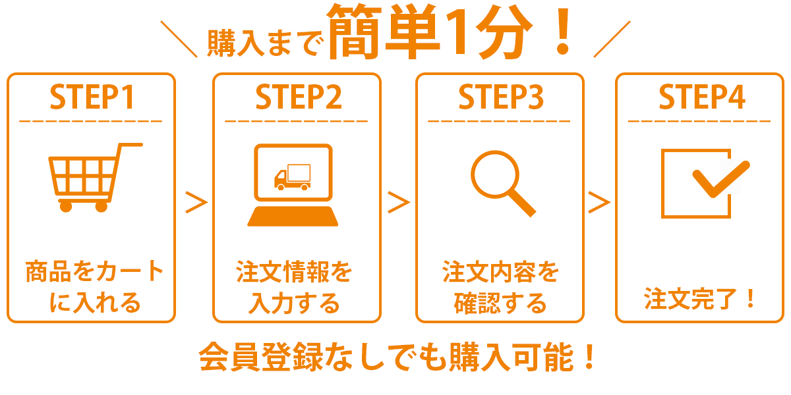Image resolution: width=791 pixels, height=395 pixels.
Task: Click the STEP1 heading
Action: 92,97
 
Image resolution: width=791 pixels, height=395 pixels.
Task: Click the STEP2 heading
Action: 298,97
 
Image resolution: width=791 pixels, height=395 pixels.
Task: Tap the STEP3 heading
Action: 500,97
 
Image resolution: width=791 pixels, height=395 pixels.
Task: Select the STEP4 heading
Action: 701,97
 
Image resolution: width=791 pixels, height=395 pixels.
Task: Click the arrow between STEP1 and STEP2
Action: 196,203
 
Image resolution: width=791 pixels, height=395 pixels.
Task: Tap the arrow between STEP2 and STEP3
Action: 399,203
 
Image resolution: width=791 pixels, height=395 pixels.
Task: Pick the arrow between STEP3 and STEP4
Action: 599,203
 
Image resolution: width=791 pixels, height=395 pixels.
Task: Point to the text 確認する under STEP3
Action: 500,304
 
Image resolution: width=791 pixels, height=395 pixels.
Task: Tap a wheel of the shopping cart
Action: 65,206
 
